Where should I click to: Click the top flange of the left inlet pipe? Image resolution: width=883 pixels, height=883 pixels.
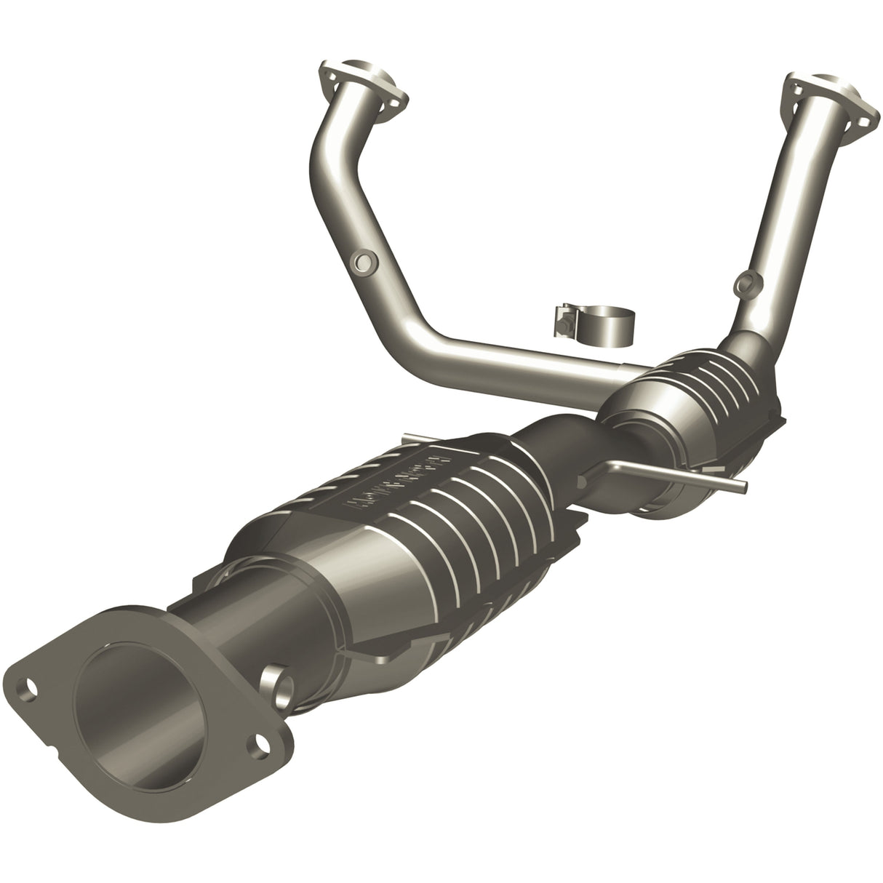click(x=361, y=87)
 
